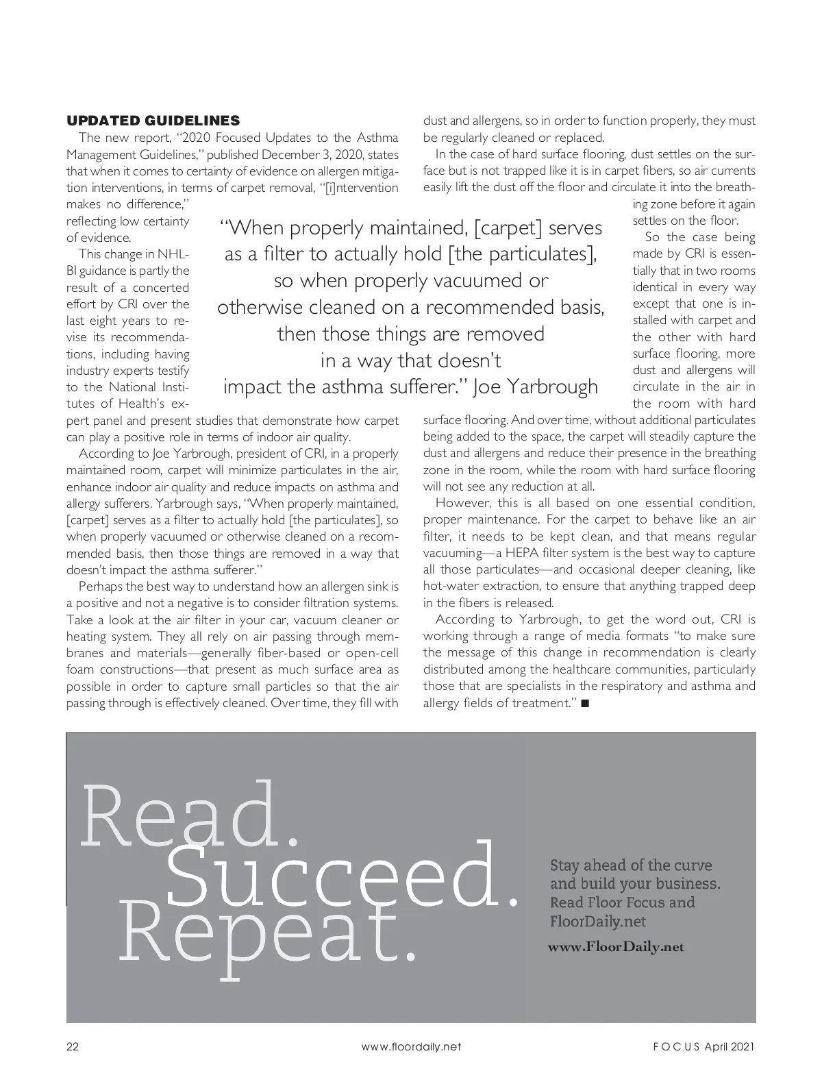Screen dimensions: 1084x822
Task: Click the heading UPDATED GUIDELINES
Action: [153, 121]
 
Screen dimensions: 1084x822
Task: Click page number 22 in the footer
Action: [73, 1046]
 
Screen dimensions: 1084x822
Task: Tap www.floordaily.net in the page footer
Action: [411, 1046]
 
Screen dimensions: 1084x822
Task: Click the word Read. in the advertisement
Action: [190, 815]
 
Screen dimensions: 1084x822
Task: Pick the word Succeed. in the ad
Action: [341, 876]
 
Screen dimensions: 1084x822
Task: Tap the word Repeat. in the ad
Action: [267, 933]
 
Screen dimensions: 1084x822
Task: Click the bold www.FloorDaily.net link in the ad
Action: [616, 947]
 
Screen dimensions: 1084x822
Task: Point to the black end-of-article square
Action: [584, 703]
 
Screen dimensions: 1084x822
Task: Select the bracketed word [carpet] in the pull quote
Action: [503, 227]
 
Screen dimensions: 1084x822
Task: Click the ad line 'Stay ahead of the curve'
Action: [631, 865]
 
